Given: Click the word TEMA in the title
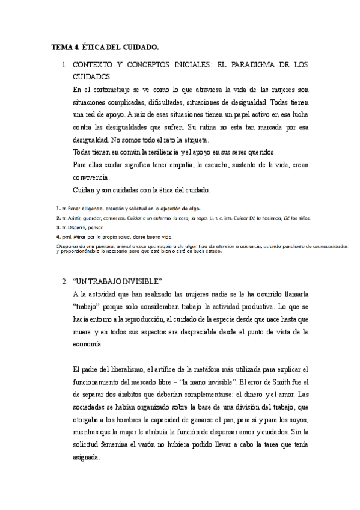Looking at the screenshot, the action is click(61, 46).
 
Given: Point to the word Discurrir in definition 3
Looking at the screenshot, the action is click(77, 228).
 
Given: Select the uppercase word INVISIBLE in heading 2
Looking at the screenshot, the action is click(138, 281).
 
